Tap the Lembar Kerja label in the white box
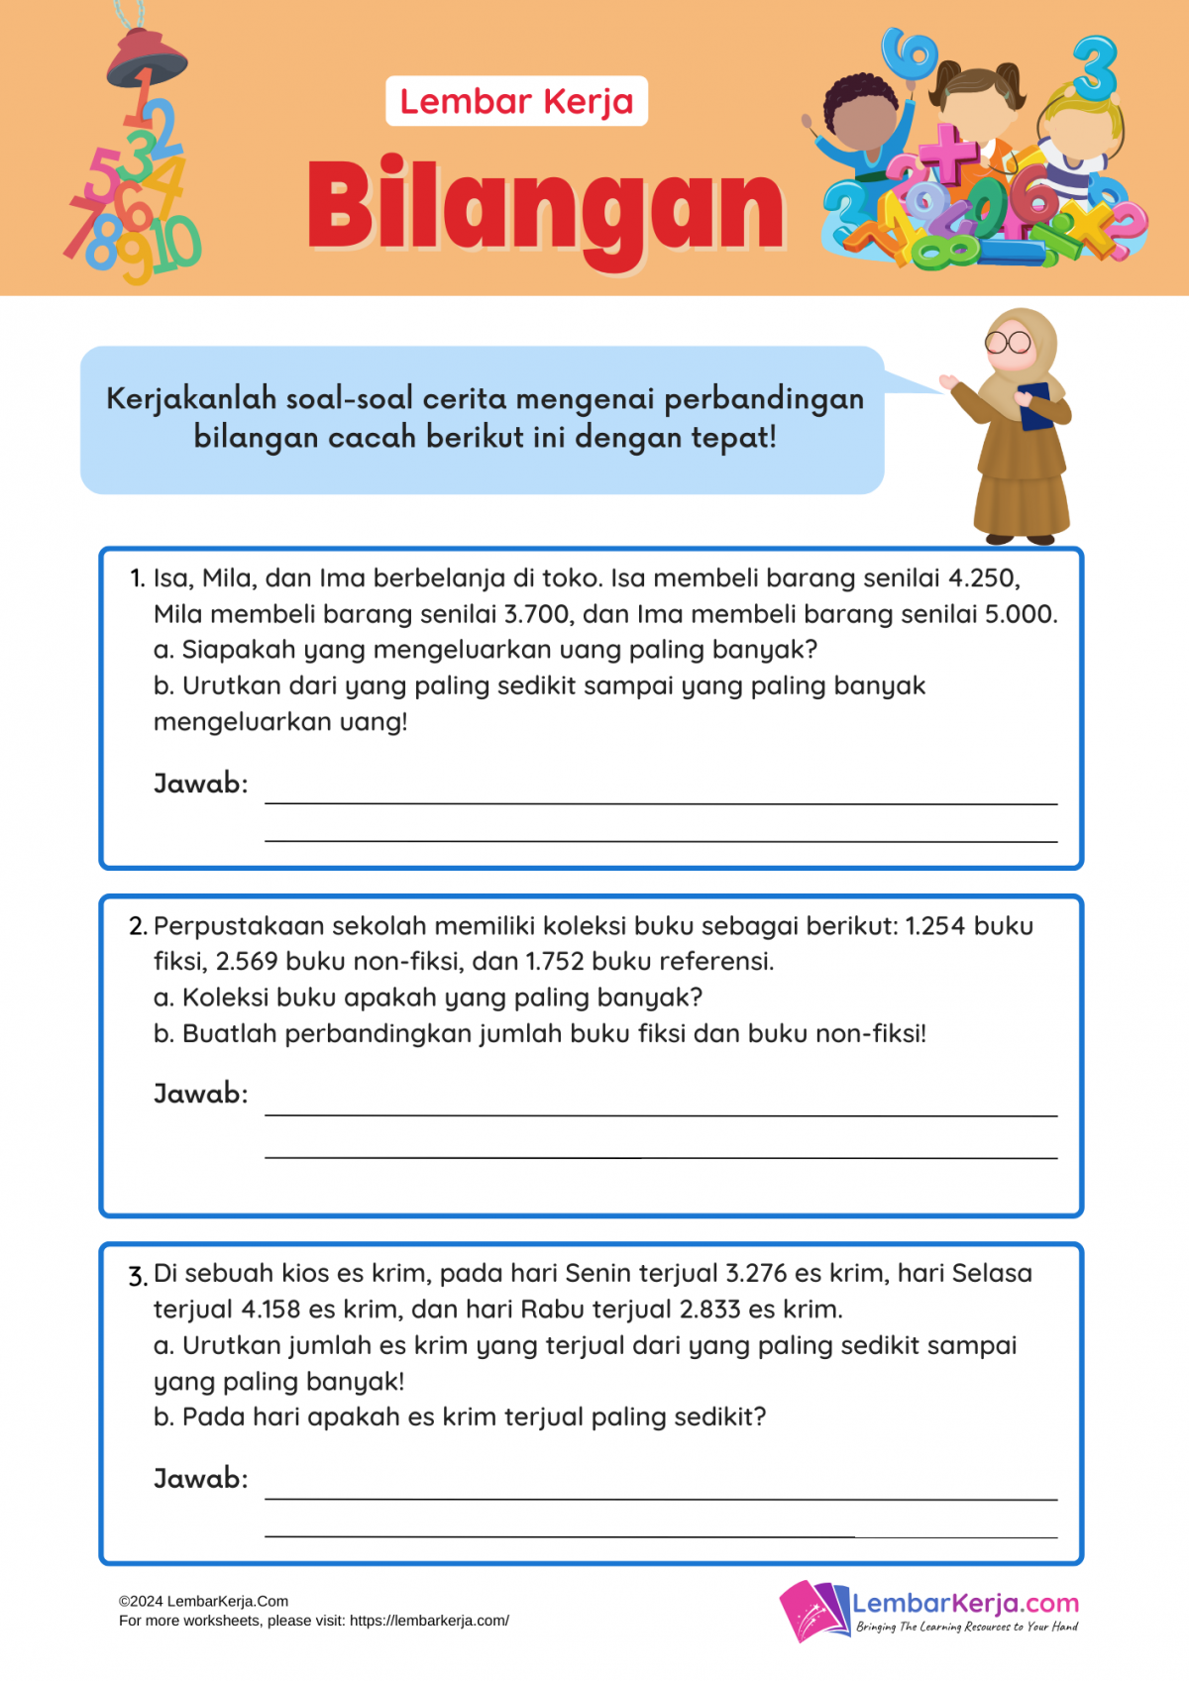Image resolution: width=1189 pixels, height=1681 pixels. pyautogui.click(x=516, y=101)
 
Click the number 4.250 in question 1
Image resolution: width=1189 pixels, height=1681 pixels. pyautogui.click(x=983, y=578)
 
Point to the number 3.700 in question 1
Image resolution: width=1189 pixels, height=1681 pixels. pyautogui.click(x=537, y=614)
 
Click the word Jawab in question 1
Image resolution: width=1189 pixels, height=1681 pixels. pyautogui.click(x=200, y=784)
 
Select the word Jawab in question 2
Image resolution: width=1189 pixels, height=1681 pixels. pyautogui.click(x=200, y=1094)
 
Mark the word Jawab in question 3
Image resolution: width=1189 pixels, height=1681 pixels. pyautogui.click(x=200, y=1479)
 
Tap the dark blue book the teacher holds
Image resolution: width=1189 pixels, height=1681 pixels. pyautogui.click(x=1035, y=406)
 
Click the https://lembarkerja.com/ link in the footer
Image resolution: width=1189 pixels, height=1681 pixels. pyautogui.click(x=429, y=1621)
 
